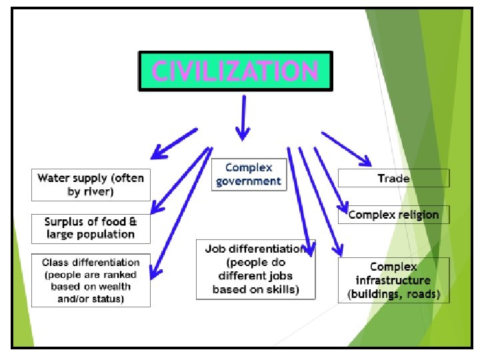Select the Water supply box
[91, 185]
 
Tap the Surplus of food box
[91, 228]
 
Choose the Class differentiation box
[91, 281]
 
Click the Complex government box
[249, 174]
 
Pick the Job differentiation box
[255, 269]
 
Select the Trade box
[393, 178]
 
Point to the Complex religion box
[393, 215]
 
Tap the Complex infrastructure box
[393, 280]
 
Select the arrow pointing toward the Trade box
[346, 148]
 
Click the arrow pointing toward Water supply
[173, 143]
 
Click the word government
[249, 181]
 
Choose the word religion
[419, 215]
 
